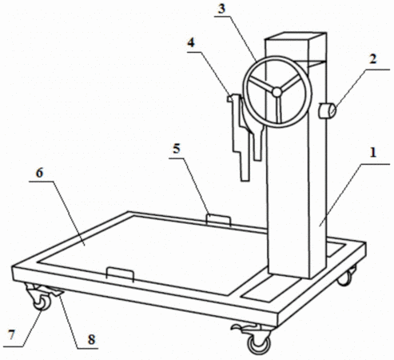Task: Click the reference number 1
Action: pyautogui.click(x=373, y=153)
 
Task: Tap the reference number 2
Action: pyautogui.click(x=373, y=58)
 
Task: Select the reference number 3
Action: pyautogui.click(x=221, y=9)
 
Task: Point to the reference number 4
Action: pyautogui.click(x=191, y=42)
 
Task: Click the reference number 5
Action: pyautogui.click(x=177, y=149)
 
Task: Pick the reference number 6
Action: pyautogui.click(x=39, y=173)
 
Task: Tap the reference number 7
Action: pyautogui.click(x=11, y=334)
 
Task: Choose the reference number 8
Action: pyautogui.click(x=91, y=339)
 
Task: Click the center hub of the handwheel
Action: pyautogui.click(x=277, y=92)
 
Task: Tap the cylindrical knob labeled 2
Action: pyautogui.click(x=327, y=110)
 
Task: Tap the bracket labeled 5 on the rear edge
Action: pyautogui.click(x=218, y=220)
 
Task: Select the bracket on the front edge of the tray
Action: pyautogui.click(x=120, y=274)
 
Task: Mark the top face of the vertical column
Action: pyautogui.click(x=296, y=37)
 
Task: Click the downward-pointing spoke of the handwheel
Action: pyautogui.click(x=278, y=110)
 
